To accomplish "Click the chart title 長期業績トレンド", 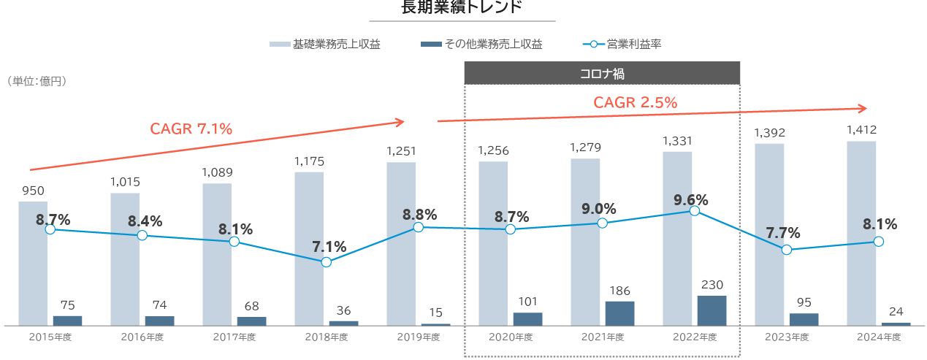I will click(462, 8).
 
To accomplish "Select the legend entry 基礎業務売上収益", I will click(326, 45).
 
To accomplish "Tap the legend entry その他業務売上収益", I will click(483, 45).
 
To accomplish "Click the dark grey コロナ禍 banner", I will click(602, 74).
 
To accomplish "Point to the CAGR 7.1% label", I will click(191, 129).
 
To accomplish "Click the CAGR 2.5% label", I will click(635, 103).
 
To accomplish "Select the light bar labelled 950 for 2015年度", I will click(33, 263).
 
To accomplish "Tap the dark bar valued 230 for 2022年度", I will click(712, 310).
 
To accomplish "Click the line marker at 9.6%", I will click(694, 211).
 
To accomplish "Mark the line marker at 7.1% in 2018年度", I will click(326, 261).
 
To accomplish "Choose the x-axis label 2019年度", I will click(419, 337).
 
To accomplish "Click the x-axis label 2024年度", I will click(879, 337).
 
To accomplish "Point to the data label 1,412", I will click(861, 131).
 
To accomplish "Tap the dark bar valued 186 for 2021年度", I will click(620, 313).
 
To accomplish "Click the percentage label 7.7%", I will click(783, 234).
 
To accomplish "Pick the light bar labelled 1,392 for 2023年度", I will click(769, 234).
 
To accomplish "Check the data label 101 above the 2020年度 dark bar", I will click(527, 302).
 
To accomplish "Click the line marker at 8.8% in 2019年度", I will click(418, 227).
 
